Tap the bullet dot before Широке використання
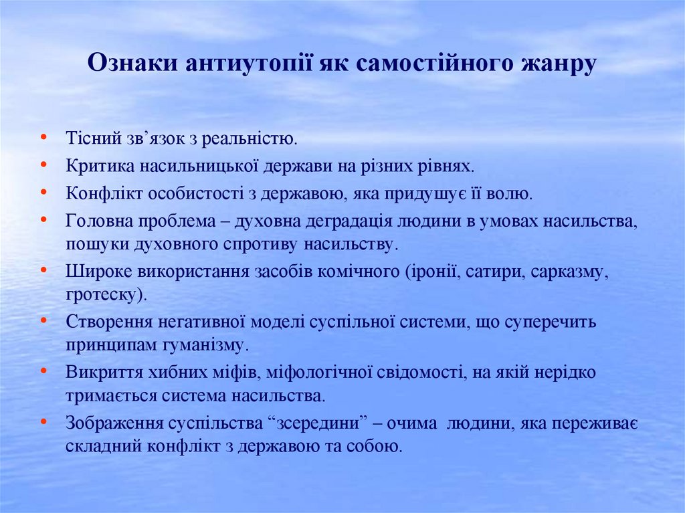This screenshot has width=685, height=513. click(43, 270)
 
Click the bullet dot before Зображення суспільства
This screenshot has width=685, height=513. click(43, 421)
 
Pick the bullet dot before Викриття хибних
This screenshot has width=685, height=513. click(43, 370)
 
